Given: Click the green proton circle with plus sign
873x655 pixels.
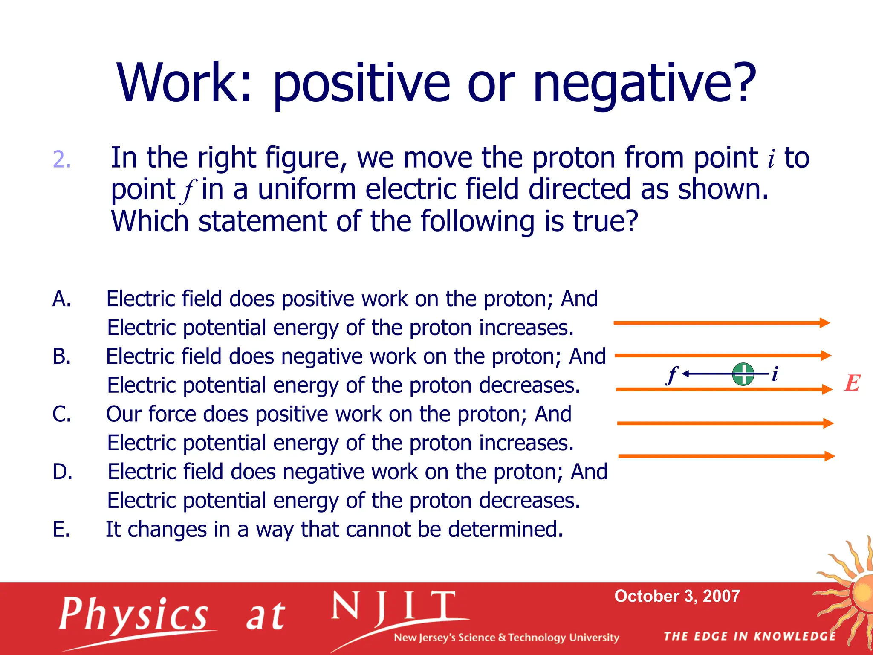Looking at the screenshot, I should click(x=743, y=374).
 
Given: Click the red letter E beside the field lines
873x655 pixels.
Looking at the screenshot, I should click(x=853, y=383).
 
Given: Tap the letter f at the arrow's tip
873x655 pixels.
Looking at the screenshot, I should click(x=672, y=375).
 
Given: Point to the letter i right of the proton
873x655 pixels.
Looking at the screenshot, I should click(x=775, y=374).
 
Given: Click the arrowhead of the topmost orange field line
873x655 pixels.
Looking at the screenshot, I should click(x=825, y=323).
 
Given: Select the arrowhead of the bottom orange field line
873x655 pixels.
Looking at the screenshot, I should click(x=830, y=456).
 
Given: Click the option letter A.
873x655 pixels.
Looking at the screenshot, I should click(x=61, y=299).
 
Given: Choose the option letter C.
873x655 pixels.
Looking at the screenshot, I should click(x=61, y=414).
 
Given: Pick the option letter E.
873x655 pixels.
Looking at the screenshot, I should click(x=61, y=529).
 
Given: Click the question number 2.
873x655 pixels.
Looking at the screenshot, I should click(x=61, y=160).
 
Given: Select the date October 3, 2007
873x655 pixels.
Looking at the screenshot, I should click(x=677, y=596).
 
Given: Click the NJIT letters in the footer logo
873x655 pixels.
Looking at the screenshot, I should click(x=394, y=606).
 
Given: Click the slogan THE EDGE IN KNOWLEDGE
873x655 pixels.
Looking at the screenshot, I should click(x=749, y=636).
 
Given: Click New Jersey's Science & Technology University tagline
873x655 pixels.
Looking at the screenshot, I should click(x=506, y=638).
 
